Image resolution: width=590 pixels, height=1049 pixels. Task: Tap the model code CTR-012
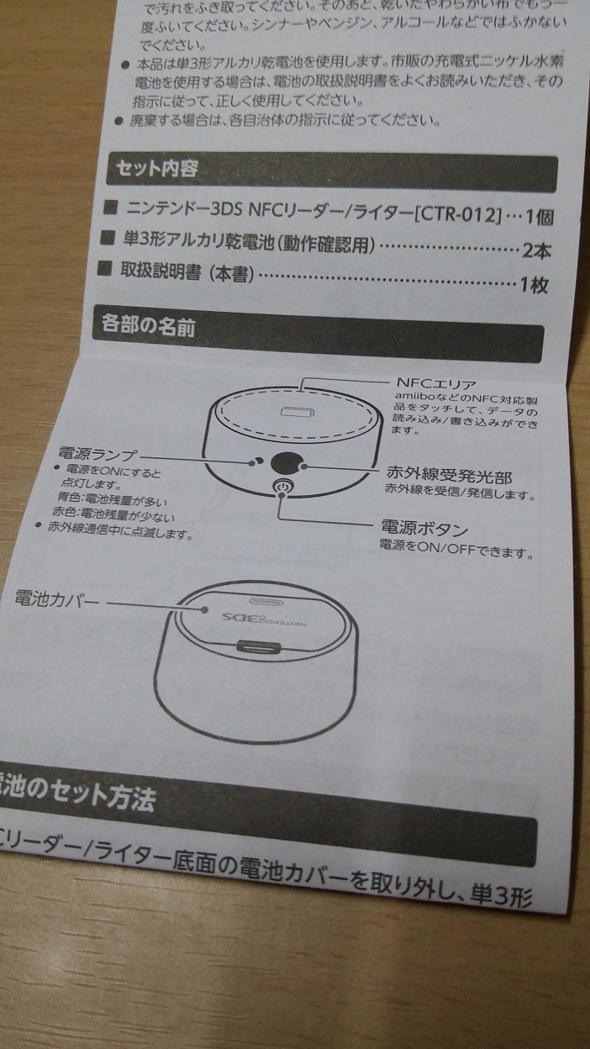tap(459, 211)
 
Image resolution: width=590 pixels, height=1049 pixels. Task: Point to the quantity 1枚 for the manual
tap(534, 284)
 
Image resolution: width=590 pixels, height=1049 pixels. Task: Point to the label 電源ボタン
tap(424, 529)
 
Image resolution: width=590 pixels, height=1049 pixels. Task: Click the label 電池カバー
tap(57, 598)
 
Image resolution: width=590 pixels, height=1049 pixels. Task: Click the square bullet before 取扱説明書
tap(106, 270)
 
